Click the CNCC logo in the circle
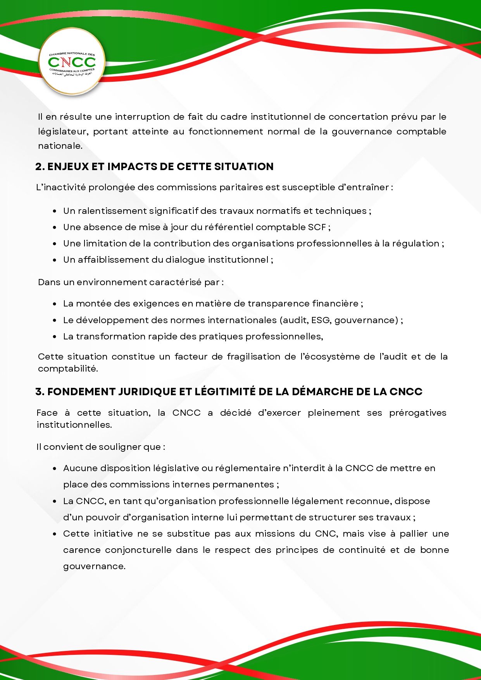click(x=72, y=62)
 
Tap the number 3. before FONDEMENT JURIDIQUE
click(x=40, y=392)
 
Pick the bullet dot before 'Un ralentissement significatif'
click(x=55, y=211)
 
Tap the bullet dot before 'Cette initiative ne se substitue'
click(x=55, y=534)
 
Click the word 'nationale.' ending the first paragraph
click(x=60, y=146)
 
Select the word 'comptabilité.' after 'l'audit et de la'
click(x=68, y=369)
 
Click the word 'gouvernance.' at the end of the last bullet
click(x=94, y=566)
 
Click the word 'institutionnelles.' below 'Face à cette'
click(x=74, y=425)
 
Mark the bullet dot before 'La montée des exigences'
click(x=55, y=304)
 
